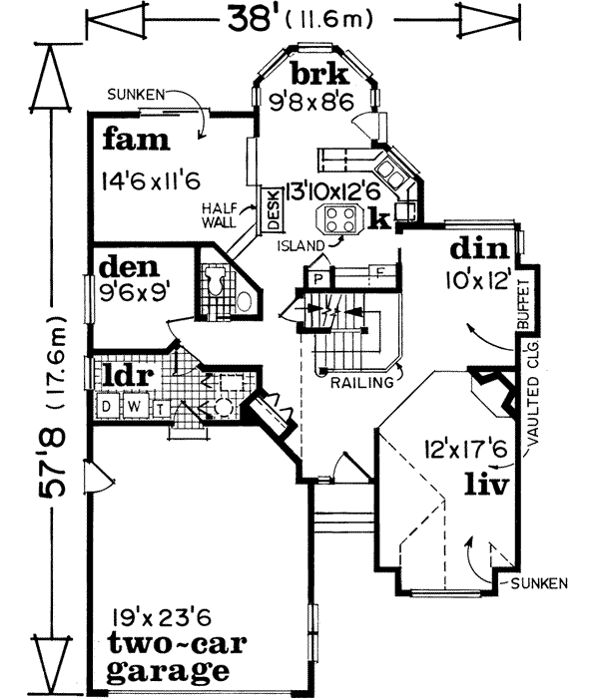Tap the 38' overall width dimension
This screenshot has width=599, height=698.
(x=299, y=18)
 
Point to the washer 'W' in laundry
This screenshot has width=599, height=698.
(x=125, y=406)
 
